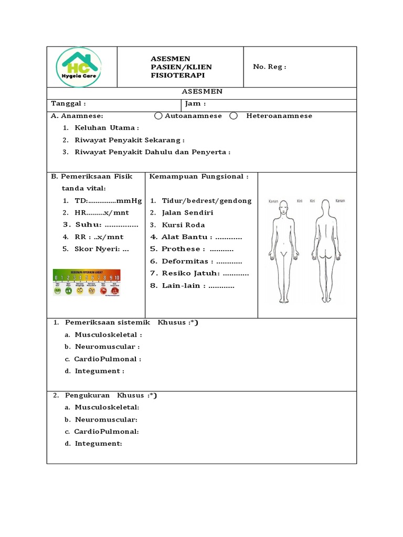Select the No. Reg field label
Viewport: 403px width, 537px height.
269,67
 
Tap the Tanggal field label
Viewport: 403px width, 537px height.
68,104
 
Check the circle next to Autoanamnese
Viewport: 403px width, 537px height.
158,116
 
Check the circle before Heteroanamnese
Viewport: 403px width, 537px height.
234,116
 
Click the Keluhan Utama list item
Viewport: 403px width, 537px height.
107,128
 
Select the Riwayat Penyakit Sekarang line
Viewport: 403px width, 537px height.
130,140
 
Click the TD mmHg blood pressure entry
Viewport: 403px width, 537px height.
108,201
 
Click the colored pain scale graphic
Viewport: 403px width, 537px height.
87,282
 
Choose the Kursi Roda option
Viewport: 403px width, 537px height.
183,225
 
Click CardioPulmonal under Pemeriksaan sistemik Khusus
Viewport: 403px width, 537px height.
108,359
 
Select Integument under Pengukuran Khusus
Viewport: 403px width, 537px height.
98,444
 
